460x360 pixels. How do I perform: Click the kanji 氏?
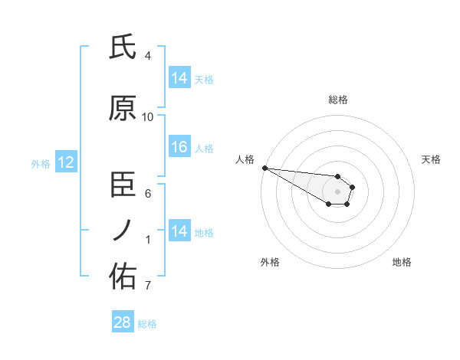click(123, 47)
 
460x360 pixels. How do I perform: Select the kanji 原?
click(123, 109)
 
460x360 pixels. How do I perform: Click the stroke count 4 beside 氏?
click(148, 56)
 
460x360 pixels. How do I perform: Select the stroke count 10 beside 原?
click(148, 117)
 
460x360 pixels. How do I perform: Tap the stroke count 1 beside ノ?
click(148, 240)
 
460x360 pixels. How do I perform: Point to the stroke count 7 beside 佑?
click(148, 286)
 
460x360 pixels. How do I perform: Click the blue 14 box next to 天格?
click(179, 78)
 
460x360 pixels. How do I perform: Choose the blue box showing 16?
click(179, 147)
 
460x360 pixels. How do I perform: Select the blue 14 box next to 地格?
click(179, 231)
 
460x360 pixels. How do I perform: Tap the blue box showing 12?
click(65, 162)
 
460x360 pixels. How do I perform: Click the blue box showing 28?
click(123, 322)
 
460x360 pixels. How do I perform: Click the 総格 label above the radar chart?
click(337, 100)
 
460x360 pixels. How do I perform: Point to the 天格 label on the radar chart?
click(432, 159)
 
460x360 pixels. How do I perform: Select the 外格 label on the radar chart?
click(270, 262)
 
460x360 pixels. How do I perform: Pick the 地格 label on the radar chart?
click(402, 262)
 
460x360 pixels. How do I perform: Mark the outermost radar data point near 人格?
click(264, 168)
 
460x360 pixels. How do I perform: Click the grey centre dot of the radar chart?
click(337, 191)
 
